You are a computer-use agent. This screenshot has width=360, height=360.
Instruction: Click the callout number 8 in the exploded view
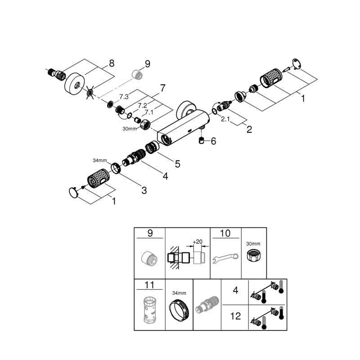tap(112, 63)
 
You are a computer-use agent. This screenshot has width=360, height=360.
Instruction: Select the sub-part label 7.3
tap(124, 97)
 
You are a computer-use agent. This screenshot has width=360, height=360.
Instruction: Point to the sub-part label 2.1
tap(226, 120)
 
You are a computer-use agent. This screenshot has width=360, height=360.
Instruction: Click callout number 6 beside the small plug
tap(213, 141)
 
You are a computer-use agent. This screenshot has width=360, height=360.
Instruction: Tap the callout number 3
tap(144, 190)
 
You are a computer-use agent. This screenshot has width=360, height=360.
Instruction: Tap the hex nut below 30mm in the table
tap(254, 257)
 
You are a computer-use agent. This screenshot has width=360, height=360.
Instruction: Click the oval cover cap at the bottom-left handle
tap(72, 193)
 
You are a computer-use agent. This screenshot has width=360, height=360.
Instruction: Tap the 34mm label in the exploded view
tap(99, 161)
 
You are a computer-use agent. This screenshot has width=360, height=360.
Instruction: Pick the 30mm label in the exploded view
tap(129, 129)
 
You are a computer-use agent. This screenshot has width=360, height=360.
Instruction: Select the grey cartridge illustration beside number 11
tap(149, 310)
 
